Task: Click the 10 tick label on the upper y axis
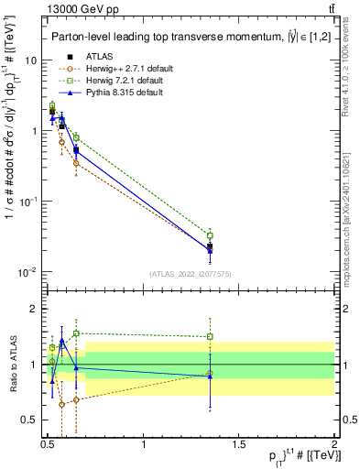[30, 60]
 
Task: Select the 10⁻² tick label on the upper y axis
[28, 272]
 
